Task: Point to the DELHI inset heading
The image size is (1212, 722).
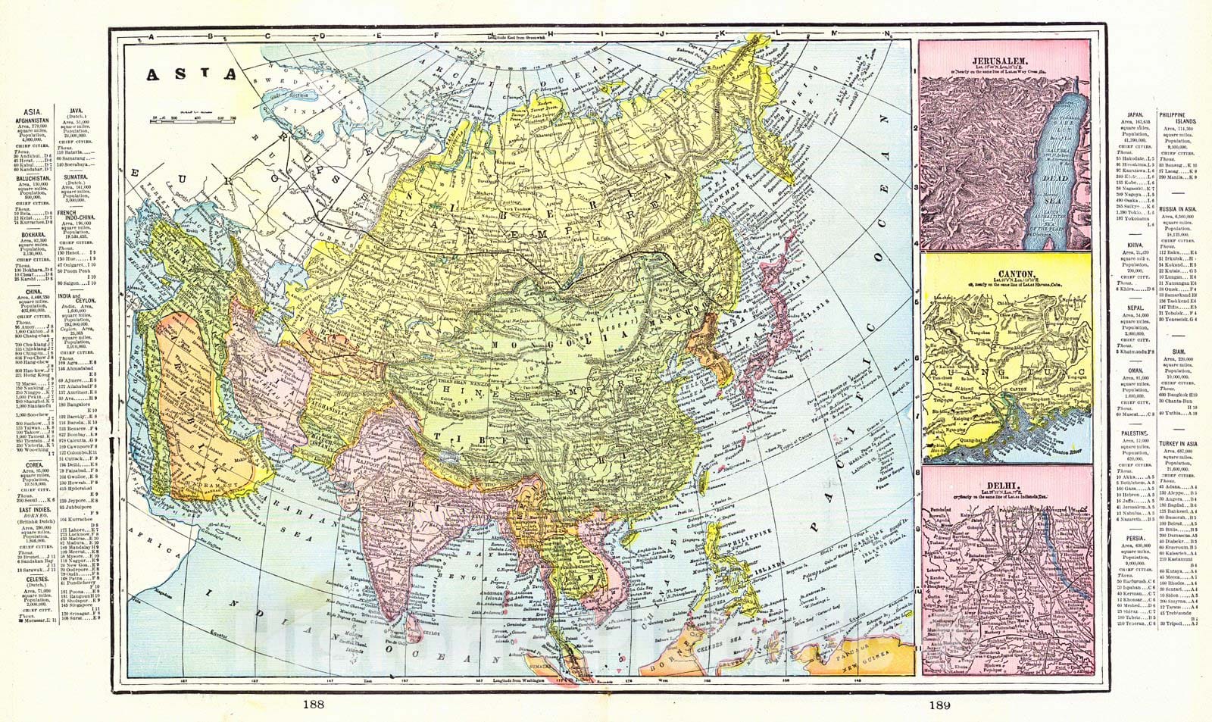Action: click(x=1004, y=483)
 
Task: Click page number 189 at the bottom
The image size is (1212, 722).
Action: click(x=938, y=706)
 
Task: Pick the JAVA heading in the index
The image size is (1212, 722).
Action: click(x=75, y=110)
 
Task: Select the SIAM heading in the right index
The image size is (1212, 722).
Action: click(x=1178, y=352)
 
